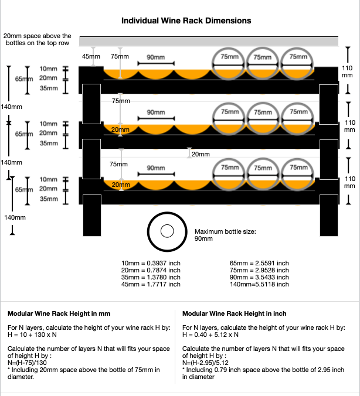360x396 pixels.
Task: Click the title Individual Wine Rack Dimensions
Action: pos(186,21)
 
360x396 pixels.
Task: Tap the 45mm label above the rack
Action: pos(91,56)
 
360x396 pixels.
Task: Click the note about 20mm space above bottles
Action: pos(38,40)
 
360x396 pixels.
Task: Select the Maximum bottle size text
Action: pos(225,235)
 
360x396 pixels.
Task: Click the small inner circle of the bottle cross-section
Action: pos(167,231)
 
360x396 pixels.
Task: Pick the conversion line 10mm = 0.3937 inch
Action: pos(151,263)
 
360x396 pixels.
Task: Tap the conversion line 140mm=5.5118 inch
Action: pos(259,284)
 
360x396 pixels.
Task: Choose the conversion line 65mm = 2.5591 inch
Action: pos(259,263)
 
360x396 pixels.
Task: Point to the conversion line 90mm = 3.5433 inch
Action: pos(259,277)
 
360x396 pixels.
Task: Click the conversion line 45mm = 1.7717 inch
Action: pos(151,284)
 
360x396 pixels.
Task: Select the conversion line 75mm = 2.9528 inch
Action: pos(259,270)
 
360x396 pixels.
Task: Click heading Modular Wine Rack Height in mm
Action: pos(59,314)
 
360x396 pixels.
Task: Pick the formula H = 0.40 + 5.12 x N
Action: pos(213,334)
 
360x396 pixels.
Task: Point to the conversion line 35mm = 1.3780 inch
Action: pos(151,277)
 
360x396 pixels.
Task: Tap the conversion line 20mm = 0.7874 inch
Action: pos(151,270)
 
